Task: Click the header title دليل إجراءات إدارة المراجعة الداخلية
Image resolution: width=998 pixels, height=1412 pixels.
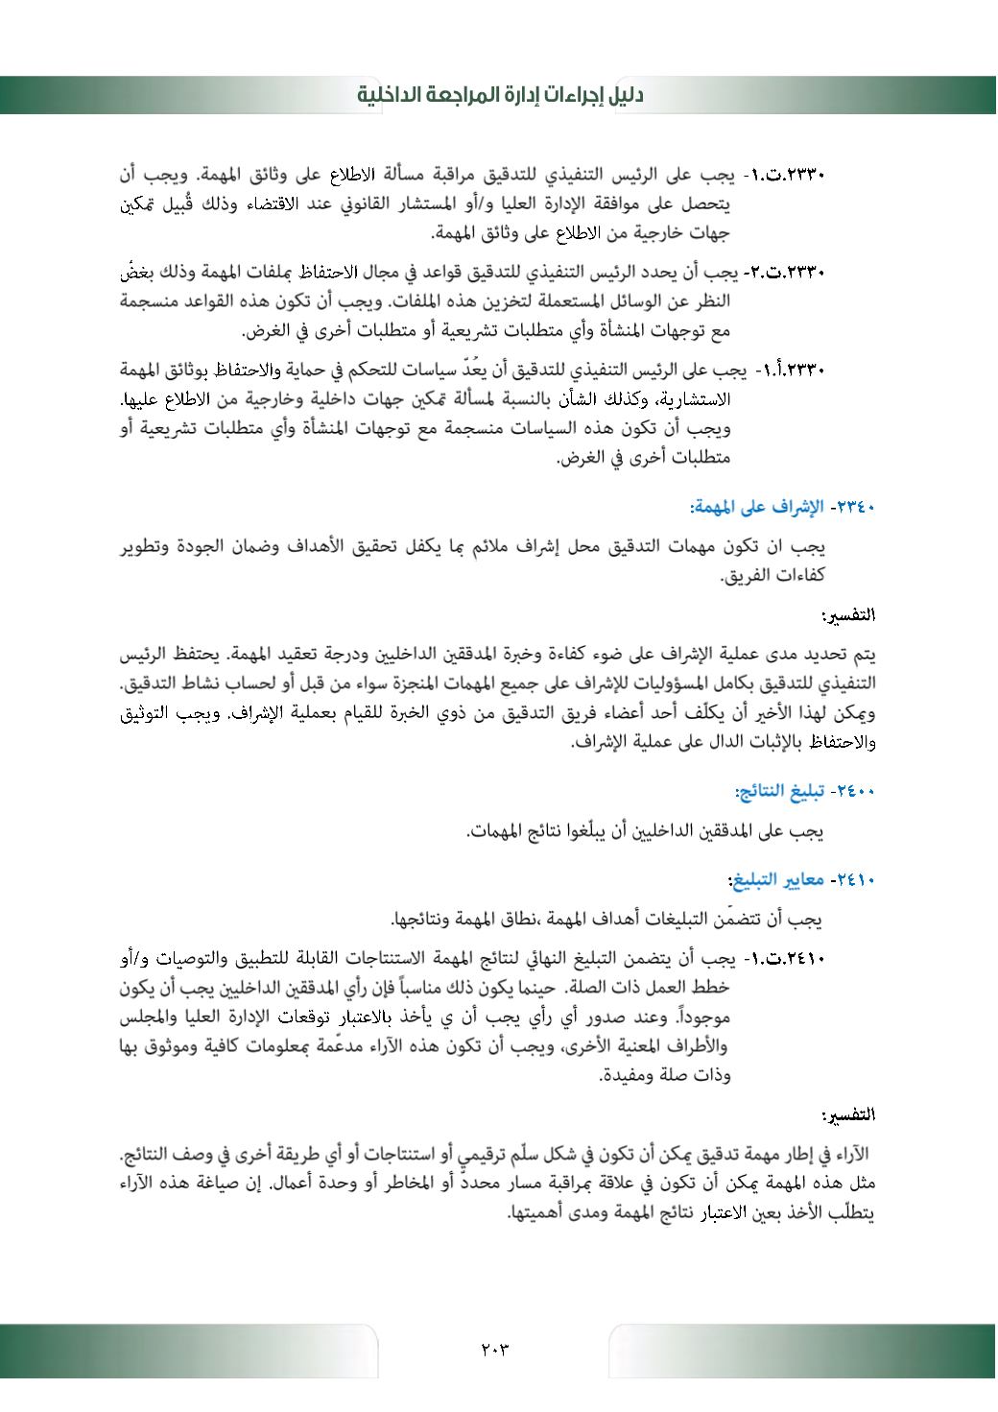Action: point(500,95)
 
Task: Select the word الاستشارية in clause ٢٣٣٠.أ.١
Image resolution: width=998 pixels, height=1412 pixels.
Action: point(785,399)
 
